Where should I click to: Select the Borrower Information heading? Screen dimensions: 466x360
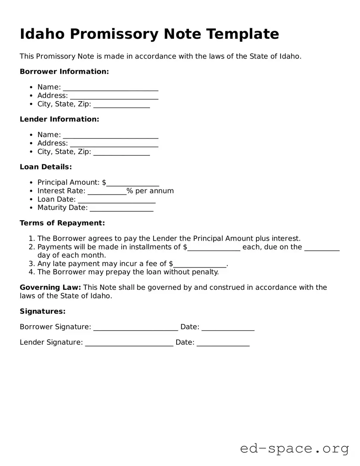64,72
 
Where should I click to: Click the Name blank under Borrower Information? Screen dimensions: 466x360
110,88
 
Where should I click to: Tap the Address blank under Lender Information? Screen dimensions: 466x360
114,144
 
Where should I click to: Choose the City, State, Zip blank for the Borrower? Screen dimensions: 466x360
122,105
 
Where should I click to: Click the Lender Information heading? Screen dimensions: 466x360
59,119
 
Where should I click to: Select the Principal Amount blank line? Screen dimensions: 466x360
133,183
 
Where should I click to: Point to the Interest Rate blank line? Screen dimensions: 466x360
107,192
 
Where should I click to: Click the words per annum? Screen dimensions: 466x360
154,191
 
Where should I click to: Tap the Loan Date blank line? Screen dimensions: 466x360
116,201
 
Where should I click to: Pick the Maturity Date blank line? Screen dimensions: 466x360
122,209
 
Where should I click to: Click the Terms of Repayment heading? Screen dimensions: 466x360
62,223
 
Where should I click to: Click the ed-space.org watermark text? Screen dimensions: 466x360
294,449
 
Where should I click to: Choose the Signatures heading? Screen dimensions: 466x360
43,312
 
